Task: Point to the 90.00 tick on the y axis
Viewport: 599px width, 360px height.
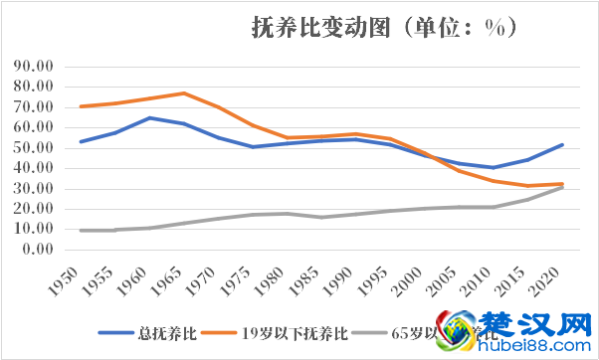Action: click(x=35, y=66)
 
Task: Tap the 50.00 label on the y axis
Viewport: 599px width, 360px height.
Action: click(x=35, y=147)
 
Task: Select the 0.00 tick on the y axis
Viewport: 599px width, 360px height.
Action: click(x=39, y=249)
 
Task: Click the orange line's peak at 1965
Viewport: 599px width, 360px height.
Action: click(x=184, y=93)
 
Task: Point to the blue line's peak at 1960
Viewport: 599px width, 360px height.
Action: click(x=150, y=117)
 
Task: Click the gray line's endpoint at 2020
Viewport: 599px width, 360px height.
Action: click(x=562, y=187)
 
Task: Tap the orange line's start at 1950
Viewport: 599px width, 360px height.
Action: click(x=81, y=106)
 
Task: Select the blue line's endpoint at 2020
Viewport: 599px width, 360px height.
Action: click(x=562, y=144)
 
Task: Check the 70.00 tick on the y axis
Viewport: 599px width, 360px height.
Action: click(x=35, y=106)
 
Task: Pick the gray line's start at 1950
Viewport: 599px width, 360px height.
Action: click(x=81, y=231)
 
